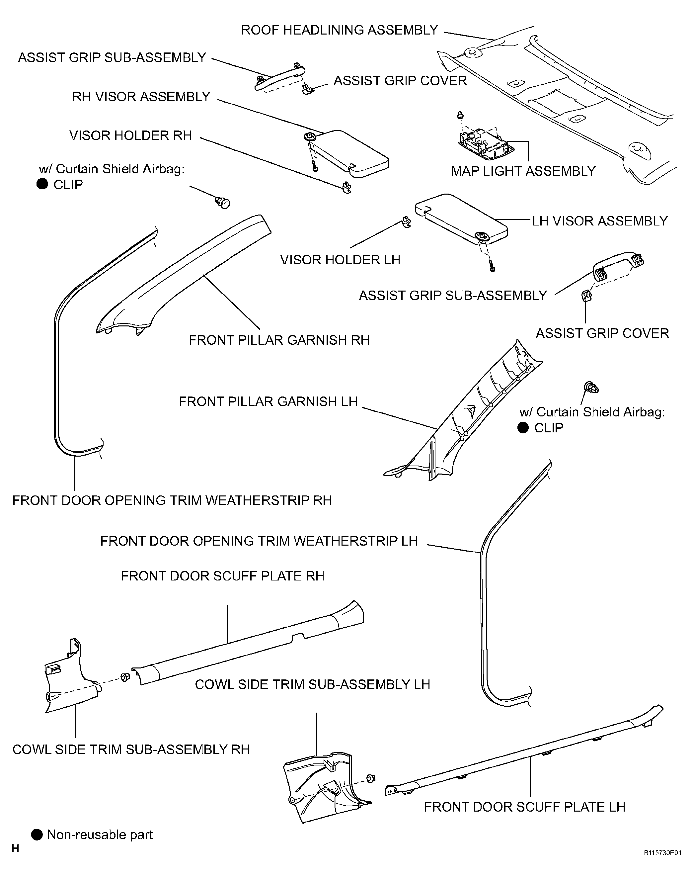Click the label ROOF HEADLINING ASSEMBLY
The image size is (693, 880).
point(339,30)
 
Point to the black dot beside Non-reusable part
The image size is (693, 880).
point(37,835)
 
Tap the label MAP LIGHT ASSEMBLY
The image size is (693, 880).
point(523,171)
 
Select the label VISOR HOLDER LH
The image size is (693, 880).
point(340,260)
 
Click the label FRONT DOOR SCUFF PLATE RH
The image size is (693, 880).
point(222,575)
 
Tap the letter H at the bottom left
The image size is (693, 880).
point(15,848)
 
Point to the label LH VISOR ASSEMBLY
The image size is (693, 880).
point(599,221)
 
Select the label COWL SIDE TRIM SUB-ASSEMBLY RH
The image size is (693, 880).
point(131,749)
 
